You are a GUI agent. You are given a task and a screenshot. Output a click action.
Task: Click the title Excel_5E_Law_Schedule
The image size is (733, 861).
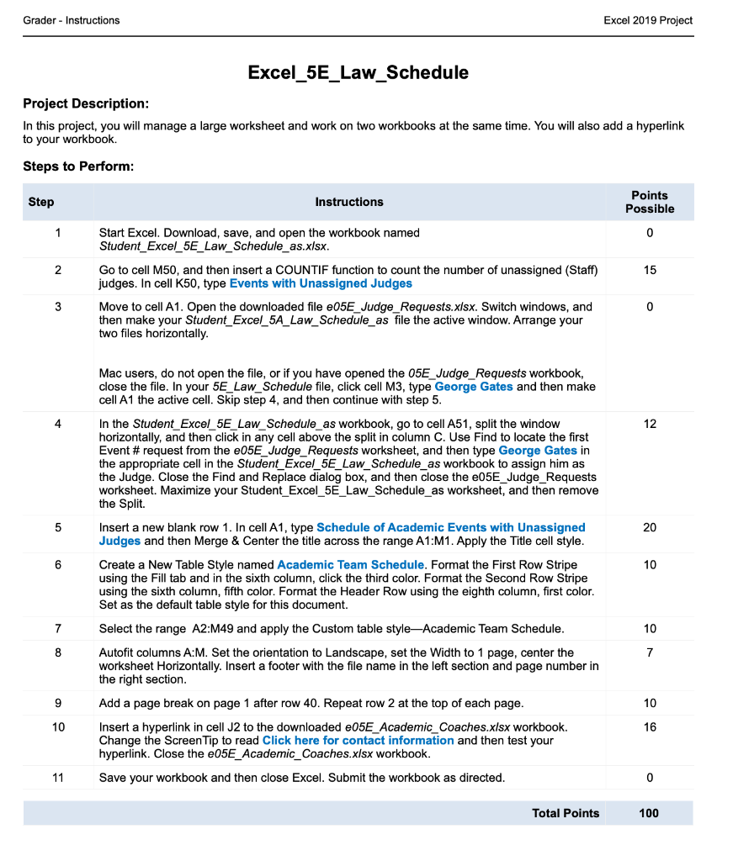(358, 73)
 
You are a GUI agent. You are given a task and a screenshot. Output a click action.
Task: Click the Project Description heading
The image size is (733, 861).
(85, 103)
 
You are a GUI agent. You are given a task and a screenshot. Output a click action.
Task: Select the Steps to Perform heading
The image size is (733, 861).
(78, 166)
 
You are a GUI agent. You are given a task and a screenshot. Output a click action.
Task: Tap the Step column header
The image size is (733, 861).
(41, 202)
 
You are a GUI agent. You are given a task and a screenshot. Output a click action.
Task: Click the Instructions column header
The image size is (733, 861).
(348, 202)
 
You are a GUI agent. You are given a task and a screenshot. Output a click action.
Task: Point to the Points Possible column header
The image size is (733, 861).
(649, 202)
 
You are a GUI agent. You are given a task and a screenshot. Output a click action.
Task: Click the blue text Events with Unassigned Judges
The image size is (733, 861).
(321, 283)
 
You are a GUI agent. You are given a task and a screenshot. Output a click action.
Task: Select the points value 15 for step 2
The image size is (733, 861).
(649, 270)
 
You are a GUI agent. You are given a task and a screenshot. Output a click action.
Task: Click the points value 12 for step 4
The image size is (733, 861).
(649, 424)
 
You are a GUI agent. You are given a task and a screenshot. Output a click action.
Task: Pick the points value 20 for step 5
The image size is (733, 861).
(649, 527)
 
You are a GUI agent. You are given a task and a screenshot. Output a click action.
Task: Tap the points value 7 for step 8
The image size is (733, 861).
(649, 652)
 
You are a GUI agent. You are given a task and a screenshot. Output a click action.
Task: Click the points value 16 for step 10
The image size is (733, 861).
(649, 726)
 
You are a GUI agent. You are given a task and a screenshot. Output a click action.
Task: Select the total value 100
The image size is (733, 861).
(649, 813)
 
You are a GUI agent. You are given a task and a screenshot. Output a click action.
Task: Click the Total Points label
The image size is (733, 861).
(566, 813)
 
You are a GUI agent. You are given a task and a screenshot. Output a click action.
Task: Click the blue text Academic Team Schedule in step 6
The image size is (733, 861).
(350, 564)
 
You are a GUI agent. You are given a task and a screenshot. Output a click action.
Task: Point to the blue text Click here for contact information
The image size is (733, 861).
(358, 740)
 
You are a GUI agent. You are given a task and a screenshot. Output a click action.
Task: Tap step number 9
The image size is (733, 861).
(58, 703)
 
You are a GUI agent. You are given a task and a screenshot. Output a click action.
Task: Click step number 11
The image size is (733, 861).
(58, 778)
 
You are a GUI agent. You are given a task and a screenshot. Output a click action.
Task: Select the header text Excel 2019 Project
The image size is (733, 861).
(648, 20)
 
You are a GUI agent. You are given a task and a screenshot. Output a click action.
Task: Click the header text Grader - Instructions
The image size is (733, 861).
(72, 20)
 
